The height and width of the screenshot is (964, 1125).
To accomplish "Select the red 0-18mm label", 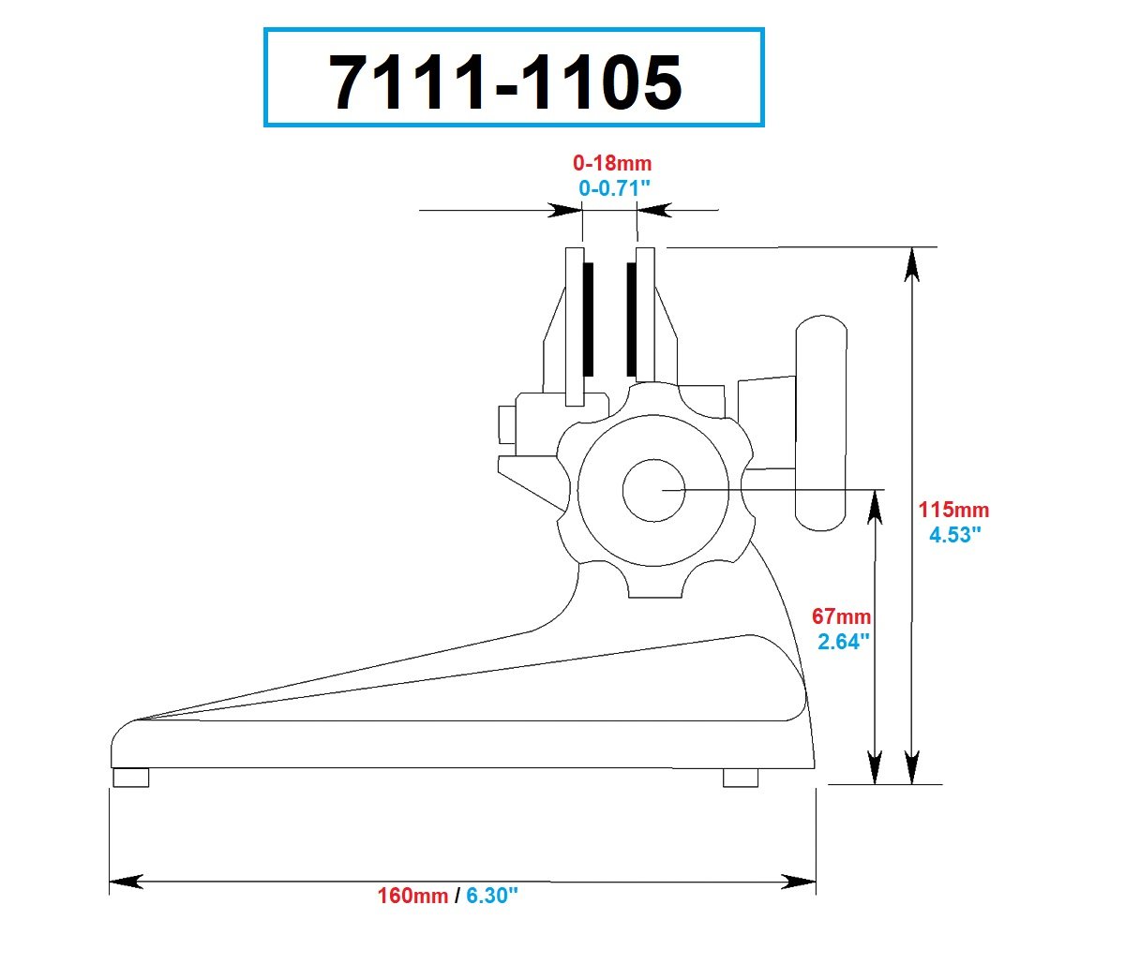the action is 612,163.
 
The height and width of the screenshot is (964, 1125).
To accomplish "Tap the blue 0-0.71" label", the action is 614,188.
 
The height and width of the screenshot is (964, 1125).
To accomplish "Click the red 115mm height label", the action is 953,510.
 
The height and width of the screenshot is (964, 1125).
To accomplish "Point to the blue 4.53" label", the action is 954,535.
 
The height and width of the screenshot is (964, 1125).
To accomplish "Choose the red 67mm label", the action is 842,616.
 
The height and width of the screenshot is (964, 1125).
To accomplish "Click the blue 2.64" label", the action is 843,642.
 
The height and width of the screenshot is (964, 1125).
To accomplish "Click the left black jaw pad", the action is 588,319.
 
